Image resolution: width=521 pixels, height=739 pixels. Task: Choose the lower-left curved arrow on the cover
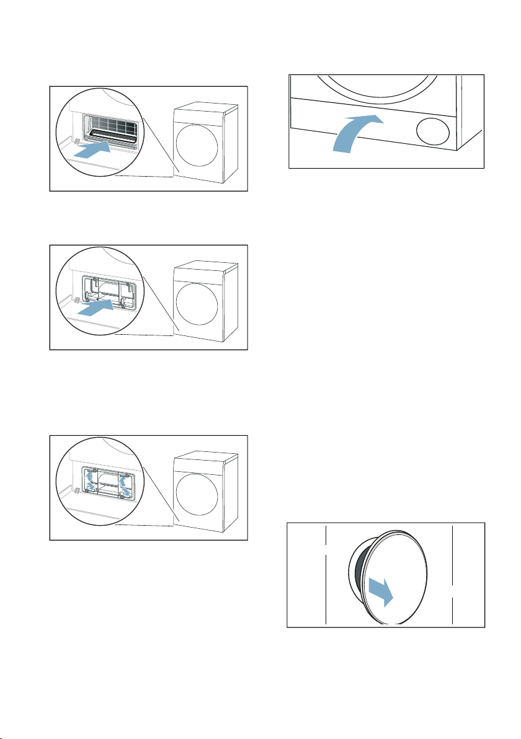(x=92, y=489)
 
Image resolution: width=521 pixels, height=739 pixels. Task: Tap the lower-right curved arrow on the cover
(x=126, y=492)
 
